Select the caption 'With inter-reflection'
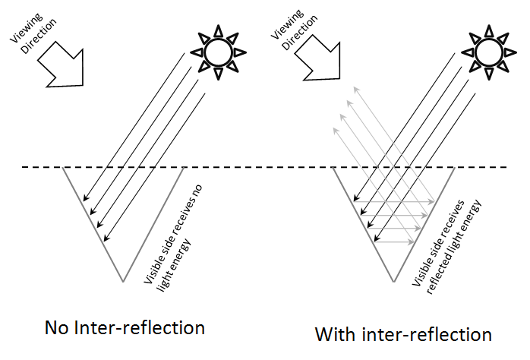(x=403, y=334)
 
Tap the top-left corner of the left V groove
(x=62, y=168)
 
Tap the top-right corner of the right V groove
(x=454, y=168)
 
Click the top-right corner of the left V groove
(x=185, y=168)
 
